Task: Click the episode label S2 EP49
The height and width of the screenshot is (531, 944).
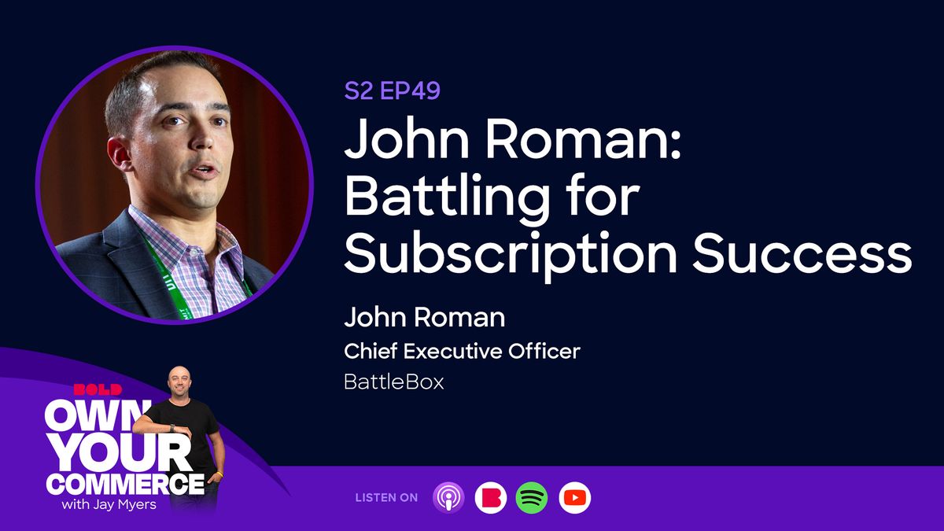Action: click(x=392, y=91)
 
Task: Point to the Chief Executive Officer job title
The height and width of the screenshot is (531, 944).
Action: click(x=462, y=351)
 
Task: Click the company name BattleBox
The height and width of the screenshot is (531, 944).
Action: click(x=393, y=383)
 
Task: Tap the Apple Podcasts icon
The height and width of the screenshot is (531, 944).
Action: click(x=448, y=497)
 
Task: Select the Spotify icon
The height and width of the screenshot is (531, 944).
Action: click(x=532, y=497)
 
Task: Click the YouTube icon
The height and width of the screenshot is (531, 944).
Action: click(x=574, y=497)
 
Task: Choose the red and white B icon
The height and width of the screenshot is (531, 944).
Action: click(x=490, y=497)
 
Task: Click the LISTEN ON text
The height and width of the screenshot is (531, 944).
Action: click(x=387, y=498)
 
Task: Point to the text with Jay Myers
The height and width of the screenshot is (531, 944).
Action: click(x=107, y=504)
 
